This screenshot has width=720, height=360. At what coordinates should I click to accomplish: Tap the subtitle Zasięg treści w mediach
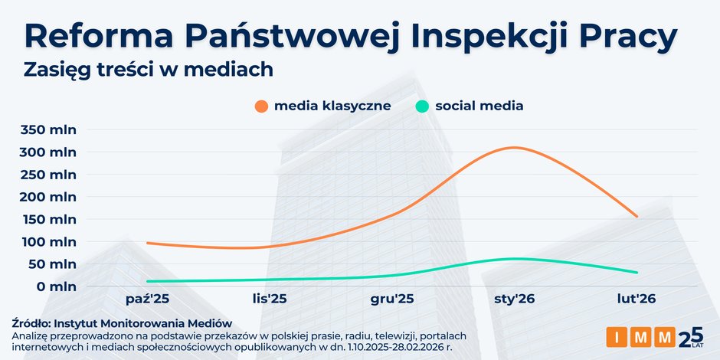click(149, 69)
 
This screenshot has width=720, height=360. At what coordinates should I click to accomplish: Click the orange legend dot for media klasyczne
click(262, 106)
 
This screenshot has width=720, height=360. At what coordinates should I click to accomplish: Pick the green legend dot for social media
click(423, 106)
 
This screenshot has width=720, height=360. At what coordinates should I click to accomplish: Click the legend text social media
click(479, 106)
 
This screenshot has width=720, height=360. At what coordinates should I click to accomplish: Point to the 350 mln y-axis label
click(47, 129)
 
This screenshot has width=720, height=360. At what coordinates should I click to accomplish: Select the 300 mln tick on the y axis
click(47, 152)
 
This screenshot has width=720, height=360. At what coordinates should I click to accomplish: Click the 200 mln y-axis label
click(47, 197)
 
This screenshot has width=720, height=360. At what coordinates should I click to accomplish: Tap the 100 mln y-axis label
click(47, 242)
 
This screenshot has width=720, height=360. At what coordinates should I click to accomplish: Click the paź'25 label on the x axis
click(146, 298)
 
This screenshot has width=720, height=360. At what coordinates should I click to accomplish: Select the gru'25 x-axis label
click(391, 298)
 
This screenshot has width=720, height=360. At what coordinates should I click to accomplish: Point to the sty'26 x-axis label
click(514, 298)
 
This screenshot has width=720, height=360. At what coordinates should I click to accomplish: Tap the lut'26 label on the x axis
click(637, 298)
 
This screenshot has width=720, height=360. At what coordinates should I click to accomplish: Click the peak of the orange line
click(513, 147)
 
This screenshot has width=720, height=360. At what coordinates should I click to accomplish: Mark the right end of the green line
click(637, 272)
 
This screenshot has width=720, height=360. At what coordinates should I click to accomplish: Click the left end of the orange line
click(147, 243)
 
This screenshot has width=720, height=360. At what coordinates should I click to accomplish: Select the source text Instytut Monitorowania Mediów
click(142, 324)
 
